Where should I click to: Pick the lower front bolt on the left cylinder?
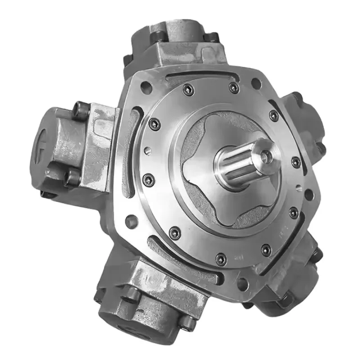[x=72, y=178]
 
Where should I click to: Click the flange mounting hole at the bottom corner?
[x=243, y=283]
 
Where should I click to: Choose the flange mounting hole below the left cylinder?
[x=130, y=220]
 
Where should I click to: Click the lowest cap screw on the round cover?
[x=221, y=259]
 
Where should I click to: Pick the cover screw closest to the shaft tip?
[x=296, y=162]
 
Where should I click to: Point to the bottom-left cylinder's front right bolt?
[x=189, y=322]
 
